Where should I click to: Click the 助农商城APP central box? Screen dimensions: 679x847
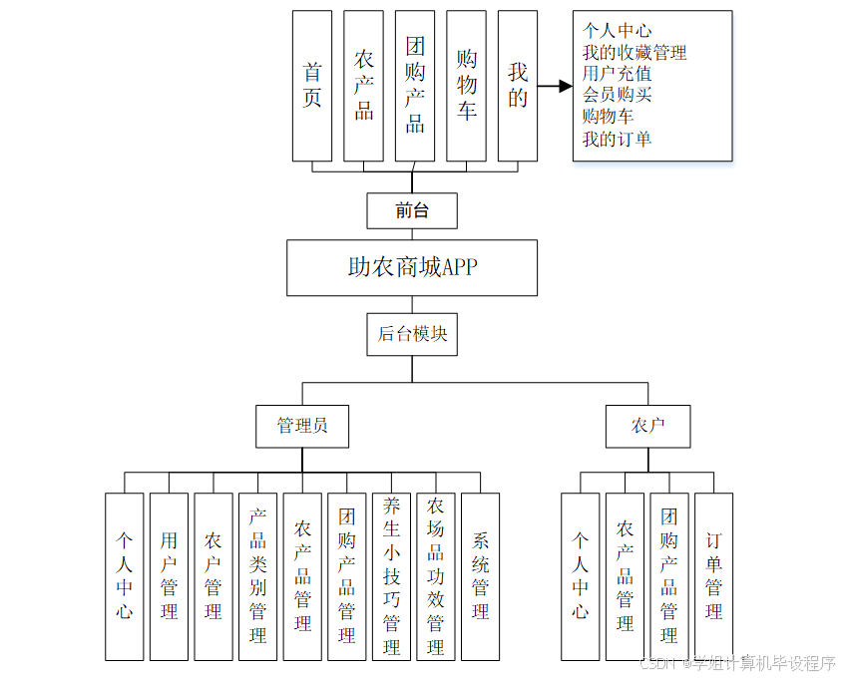click(412, 267)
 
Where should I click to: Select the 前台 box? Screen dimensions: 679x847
click(412, 210)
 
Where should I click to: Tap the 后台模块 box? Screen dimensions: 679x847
click(412, 334)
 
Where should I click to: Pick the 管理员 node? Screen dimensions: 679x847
click(302, 426)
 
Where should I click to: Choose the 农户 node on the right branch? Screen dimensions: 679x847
click(647, 426)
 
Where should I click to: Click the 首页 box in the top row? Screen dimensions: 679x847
click(312, 86)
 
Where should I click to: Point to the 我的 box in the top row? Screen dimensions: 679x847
click(517, 86)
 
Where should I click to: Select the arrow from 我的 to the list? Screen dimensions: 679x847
click(555, 87)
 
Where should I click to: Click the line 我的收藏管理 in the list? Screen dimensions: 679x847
click(635, 53)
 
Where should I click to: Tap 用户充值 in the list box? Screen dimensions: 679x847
click(618, 74)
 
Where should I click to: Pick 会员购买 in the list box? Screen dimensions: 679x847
click(618, 96)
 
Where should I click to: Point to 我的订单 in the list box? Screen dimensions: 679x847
click(618, 139)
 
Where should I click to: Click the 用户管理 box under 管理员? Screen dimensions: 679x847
click(169, 576)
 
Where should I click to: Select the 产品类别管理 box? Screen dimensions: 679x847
click(257, 576)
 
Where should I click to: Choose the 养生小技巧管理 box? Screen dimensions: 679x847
click(391, 576)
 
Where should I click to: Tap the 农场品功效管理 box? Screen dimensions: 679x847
click(435, 576)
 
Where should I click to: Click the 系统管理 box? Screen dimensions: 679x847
click(480, 576)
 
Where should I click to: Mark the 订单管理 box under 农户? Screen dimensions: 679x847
click(713, 576)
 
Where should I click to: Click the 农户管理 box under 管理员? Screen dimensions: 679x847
click(212, 576)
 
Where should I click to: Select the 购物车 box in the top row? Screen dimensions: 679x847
click(466, 86)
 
